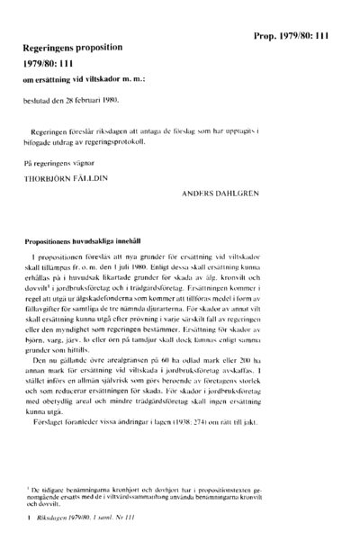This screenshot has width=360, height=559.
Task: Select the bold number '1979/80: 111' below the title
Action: coord(56,64)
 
